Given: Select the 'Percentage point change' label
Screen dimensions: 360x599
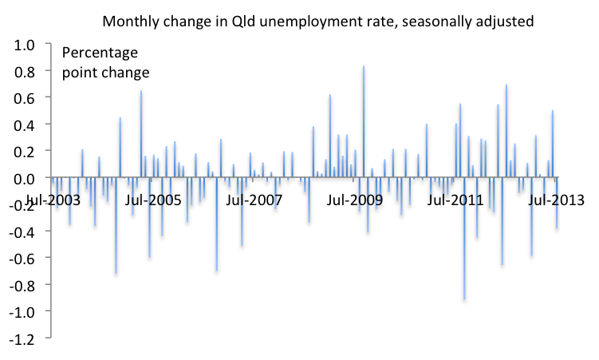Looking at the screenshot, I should click(x=106, y=63).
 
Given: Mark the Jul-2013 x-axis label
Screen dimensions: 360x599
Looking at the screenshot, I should click(x=556, y=199).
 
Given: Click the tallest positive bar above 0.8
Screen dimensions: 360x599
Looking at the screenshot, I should click(x=363, y=120).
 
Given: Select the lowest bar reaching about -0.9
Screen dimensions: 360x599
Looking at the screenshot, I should click(x=464, y=239).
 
